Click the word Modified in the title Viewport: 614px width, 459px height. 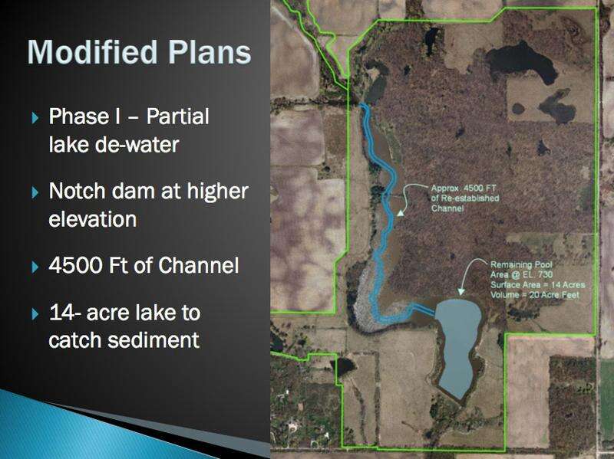point(92,52)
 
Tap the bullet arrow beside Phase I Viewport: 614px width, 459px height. point(35,118)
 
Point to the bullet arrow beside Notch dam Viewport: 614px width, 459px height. point(35,192)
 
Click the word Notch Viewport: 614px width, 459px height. point(78,191)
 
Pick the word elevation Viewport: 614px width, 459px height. point(92,218)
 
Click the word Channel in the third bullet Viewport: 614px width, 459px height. point(199,265)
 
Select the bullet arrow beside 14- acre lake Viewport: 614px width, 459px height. point(35,313)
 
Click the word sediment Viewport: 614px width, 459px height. point(153,339)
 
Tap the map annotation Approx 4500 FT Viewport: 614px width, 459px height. point(464,188)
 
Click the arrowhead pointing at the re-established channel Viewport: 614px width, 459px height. point(400,213)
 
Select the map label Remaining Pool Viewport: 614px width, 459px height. point(521,264)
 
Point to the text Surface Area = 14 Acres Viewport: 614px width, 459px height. point(538,284)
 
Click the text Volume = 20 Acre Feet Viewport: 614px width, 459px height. point(534,295)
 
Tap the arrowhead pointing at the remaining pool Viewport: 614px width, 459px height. point(461,292)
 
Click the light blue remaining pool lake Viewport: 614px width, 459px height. point(458,344)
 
